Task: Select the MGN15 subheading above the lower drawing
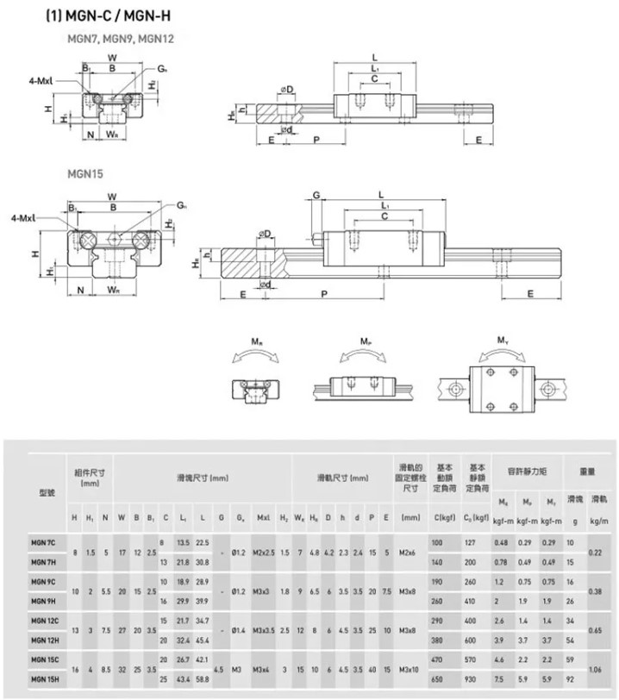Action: tap(85, 172)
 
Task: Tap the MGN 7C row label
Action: tap(45, 541)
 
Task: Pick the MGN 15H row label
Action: tap(46, 678)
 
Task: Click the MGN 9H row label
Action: tap(45, 601)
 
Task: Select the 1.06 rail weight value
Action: tap(595, 670)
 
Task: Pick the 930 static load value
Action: tap(470, 679)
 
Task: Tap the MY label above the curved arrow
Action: tap(503, 340)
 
